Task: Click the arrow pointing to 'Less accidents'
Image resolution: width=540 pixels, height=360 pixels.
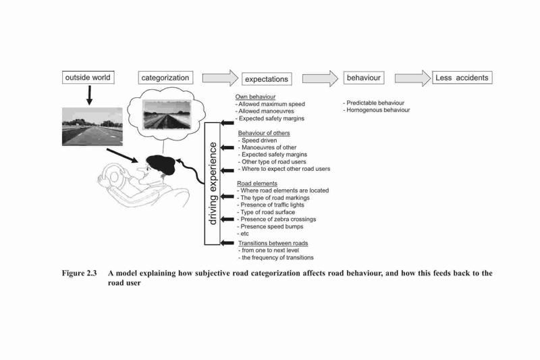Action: (412, 78)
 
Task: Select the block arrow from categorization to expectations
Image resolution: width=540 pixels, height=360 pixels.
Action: (220, 78)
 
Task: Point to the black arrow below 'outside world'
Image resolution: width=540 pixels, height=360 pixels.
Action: (90, 95)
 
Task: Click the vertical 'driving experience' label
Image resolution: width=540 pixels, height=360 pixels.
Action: (213, 184)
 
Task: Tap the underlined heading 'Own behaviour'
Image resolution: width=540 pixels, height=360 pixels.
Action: (255, 97)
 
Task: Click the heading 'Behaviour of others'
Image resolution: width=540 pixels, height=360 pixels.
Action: (264, 133)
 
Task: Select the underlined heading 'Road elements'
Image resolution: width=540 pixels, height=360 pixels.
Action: (257, 184)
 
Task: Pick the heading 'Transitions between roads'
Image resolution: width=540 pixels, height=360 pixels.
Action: (273, 243)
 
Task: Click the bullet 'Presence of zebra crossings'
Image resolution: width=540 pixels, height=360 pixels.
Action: (277, 219)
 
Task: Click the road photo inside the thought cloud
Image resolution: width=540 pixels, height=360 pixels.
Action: (167, 115)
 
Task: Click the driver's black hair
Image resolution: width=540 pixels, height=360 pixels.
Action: (161, 164)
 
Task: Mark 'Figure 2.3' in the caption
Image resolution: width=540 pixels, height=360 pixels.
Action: (79, 273)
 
